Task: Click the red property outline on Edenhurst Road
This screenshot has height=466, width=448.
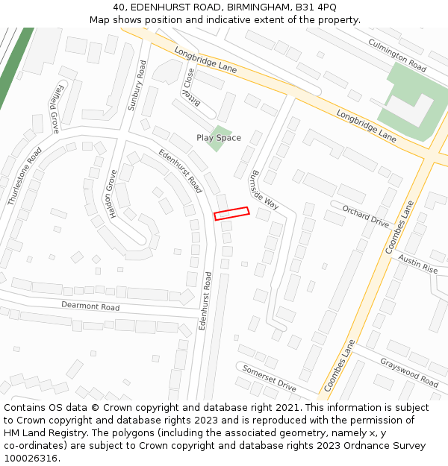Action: pyautogui.click(x=231, y=213)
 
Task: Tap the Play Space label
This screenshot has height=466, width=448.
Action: pyautogui.click(x=219, y=138)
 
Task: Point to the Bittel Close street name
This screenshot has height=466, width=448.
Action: pyautogui.click(x=192, y=88)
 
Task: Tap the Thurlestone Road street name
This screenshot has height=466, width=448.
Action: pyautogui.click(x=25, y=176)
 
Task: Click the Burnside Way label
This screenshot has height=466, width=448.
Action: pyautogui.click(x=264, y=191)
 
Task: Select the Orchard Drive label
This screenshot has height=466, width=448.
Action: pyautogui.click(x=366, y=216)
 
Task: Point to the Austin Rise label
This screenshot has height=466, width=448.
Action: pyautogui.click(x=418, y=263)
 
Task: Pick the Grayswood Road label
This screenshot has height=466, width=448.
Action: pyautogui.click(x=408, y=373)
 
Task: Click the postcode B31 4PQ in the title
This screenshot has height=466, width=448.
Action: pyautogui.click(x=317, y=7)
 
